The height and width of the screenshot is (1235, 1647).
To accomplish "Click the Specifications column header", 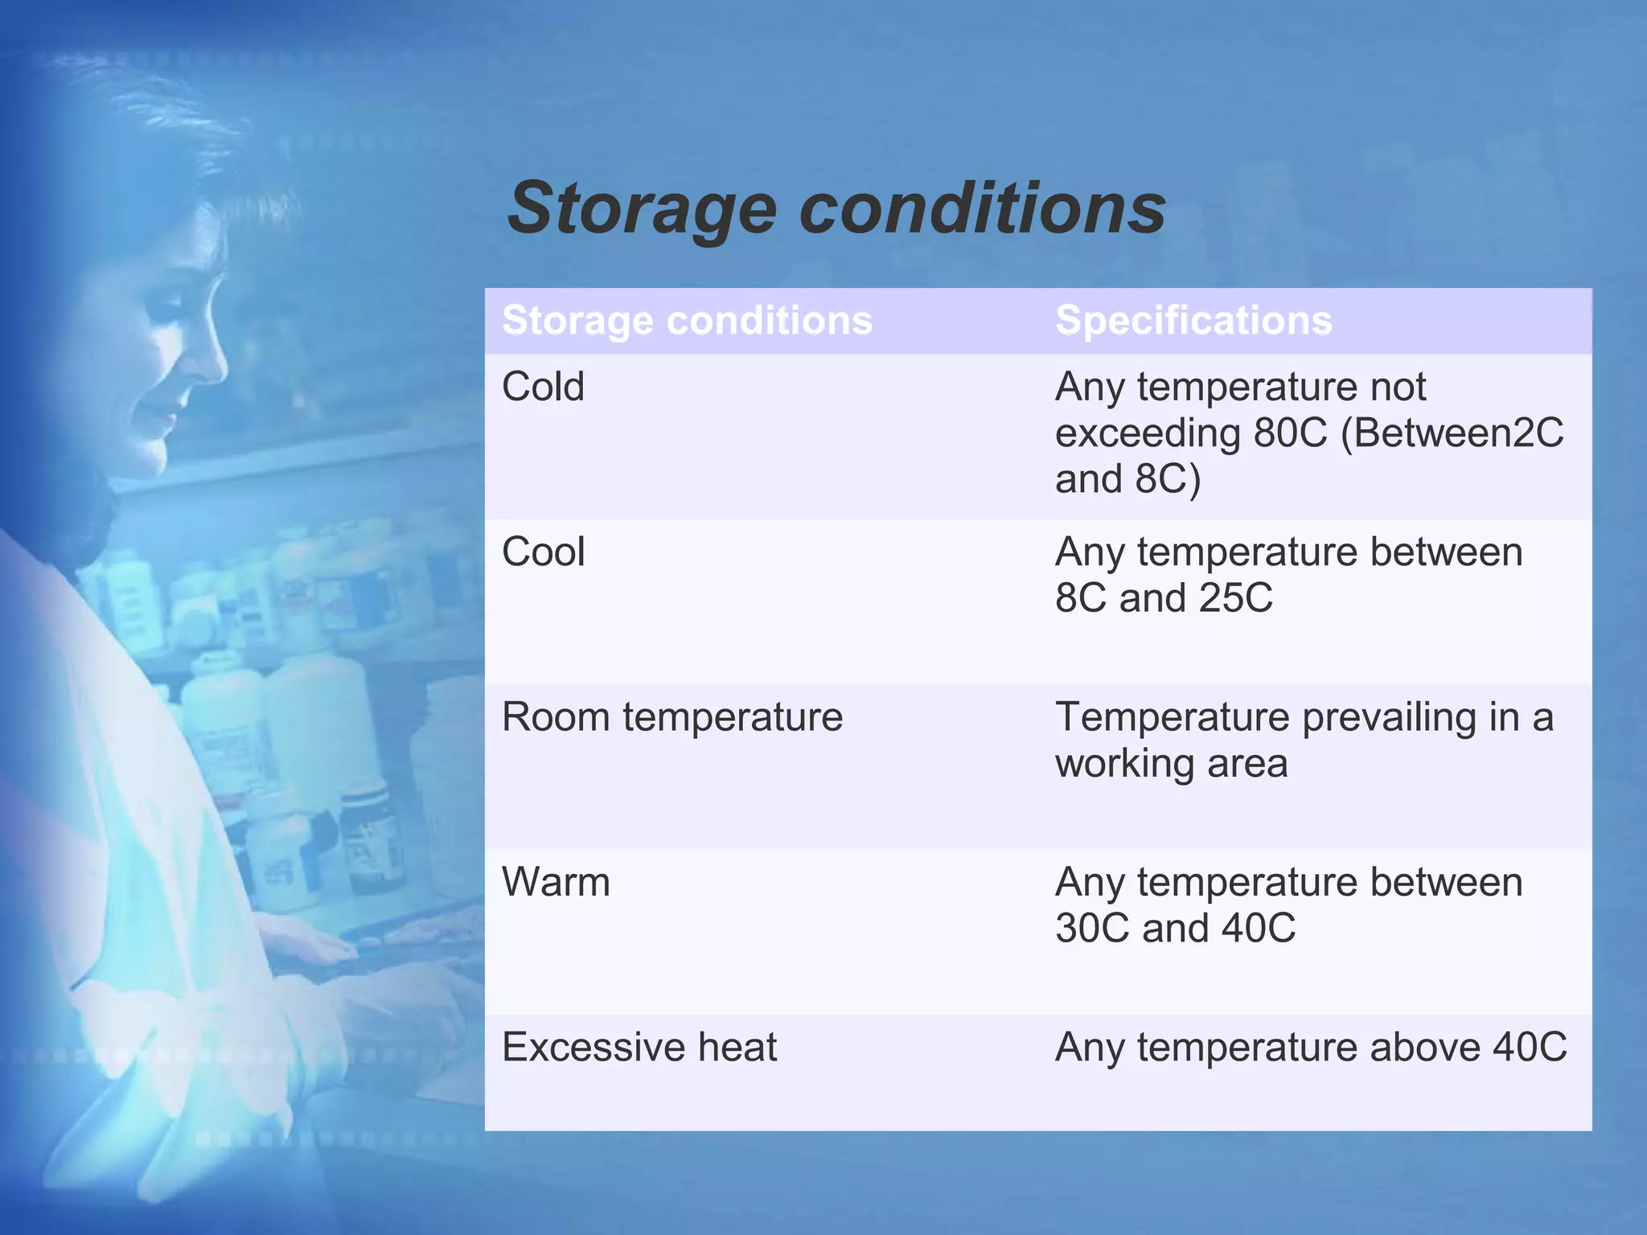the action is [1193, 320].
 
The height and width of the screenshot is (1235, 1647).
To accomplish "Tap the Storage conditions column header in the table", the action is [687, 320].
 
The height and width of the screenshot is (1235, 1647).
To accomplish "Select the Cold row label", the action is [543, 387].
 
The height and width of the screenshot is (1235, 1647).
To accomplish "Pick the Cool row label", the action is [543, 552].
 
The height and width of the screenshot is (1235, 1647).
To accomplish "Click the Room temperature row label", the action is [672, 717].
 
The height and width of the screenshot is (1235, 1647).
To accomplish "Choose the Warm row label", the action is [556, 883].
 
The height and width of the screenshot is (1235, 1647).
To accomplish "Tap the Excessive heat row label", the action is [639, 1048].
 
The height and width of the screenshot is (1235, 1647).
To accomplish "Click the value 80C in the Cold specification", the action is [1290, 433].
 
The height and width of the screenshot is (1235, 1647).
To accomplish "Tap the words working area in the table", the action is [1171, 763].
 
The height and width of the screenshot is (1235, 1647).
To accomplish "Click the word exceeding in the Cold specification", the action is [1148, 433].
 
